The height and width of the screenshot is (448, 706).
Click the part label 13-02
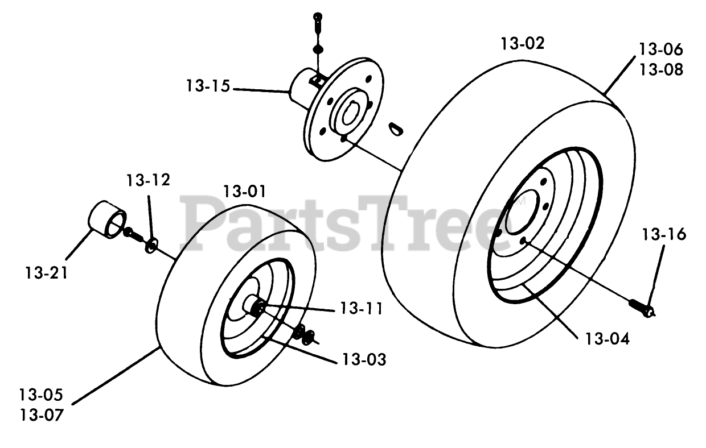point(523,44)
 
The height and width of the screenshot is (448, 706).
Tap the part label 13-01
point(244,191)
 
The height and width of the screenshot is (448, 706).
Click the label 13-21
point(46,273)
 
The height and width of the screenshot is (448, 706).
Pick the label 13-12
point(148,181)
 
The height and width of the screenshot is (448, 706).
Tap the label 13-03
point(363,359)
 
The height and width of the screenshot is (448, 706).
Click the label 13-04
point(608,339)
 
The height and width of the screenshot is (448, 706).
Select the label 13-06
point(660,49)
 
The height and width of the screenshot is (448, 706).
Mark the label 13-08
point(660,69)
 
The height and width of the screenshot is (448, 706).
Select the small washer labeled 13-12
point(151,246)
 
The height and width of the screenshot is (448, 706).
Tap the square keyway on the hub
point(320,81)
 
